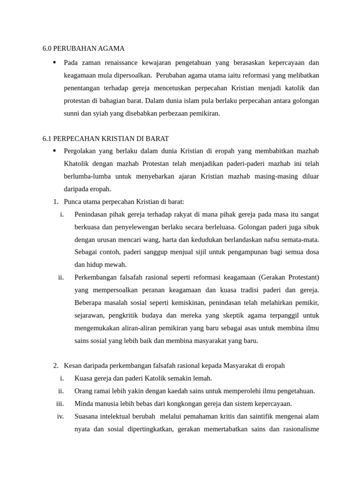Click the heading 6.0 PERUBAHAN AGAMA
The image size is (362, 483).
[x=83, y=49]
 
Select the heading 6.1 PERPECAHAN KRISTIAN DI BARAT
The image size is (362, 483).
[x=106, y=138]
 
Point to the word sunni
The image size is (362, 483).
[x=72, y=113]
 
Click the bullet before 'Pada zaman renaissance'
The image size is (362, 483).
[x=55, y=62]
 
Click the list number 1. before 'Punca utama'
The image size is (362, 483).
[x=56, y=202]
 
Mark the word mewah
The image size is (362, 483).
[x=116, y=265]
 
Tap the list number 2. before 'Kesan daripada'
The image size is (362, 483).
[x=56, y=366]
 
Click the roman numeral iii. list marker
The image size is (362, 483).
[x=60, y=404]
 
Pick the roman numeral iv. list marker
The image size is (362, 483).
[x=60, y=416]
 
